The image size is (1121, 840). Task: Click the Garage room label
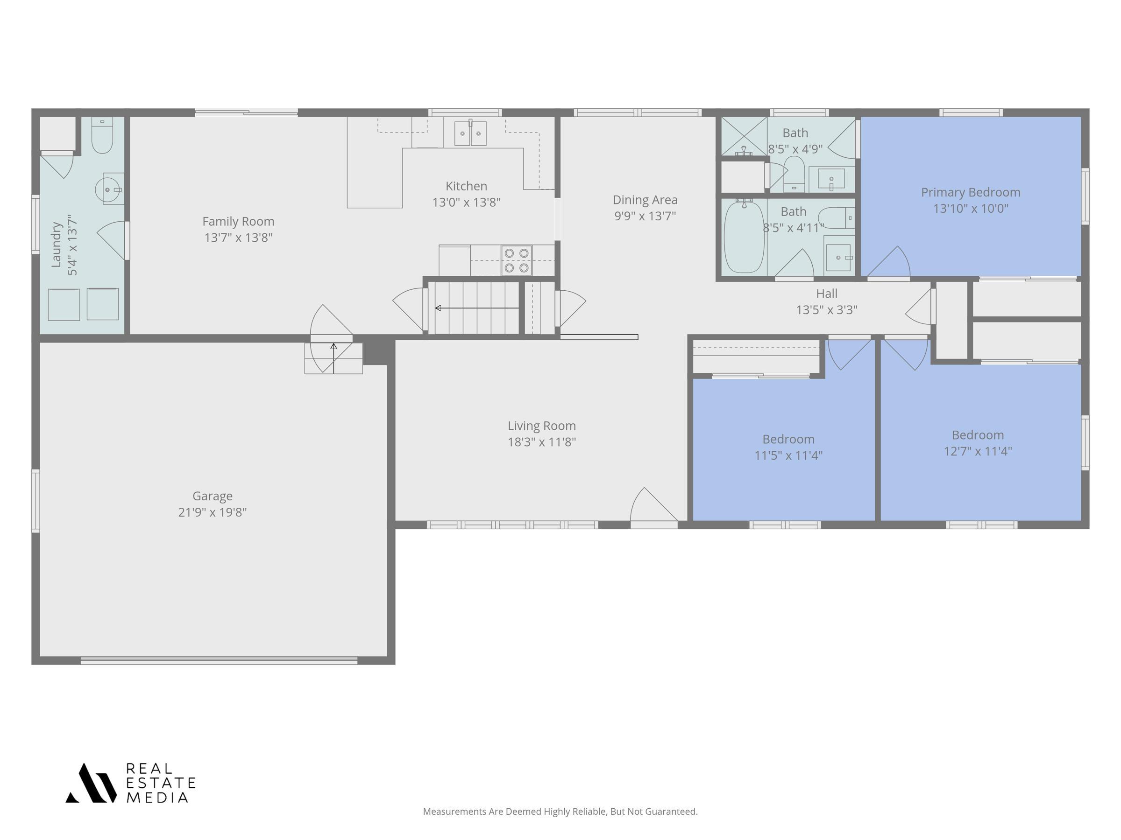213,496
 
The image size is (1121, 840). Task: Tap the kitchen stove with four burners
517,260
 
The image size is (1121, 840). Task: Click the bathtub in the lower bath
744,237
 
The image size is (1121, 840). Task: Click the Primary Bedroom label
971,192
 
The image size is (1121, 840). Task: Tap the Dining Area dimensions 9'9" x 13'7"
645,216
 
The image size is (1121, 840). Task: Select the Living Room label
542,426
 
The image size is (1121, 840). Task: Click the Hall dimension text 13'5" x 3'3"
827,309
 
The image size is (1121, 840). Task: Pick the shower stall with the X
744,136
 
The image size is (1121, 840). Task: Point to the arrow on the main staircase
477,308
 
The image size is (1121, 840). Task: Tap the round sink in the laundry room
108,189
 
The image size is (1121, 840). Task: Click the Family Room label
238,221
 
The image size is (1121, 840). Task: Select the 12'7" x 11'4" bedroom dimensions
978,451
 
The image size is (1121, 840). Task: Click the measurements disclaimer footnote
560,812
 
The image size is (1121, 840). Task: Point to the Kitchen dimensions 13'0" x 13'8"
466,203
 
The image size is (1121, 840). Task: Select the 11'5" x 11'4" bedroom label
788,439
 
